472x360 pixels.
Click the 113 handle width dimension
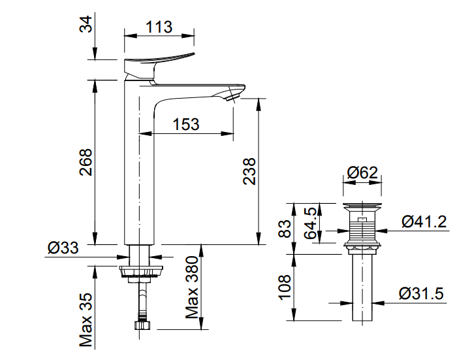click(160, 26)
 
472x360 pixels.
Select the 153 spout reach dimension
click(186, 124)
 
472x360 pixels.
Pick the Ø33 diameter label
click(63, 248)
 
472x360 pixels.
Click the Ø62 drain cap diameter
click(363, 173)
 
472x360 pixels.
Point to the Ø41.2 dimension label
click(424, 221)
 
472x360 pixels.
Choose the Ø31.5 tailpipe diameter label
click(422, 294)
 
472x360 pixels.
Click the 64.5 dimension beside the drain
click(311, 223)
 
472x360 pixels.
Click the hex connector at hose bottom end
click(142, 324)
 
